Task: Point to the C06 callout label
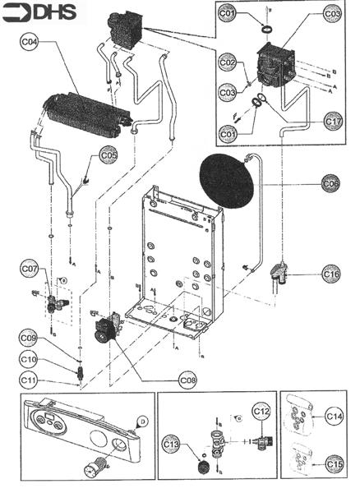pos(330,184)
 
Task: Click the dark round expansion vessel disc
pos(227,182)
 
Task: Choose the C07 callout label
pos(30,269)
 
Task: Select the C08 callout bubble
pos(188,380)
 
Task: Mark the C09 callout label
pos(28,337)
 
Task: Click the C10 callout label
pos(28,359)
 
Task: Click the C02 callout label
pos(228,62)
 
